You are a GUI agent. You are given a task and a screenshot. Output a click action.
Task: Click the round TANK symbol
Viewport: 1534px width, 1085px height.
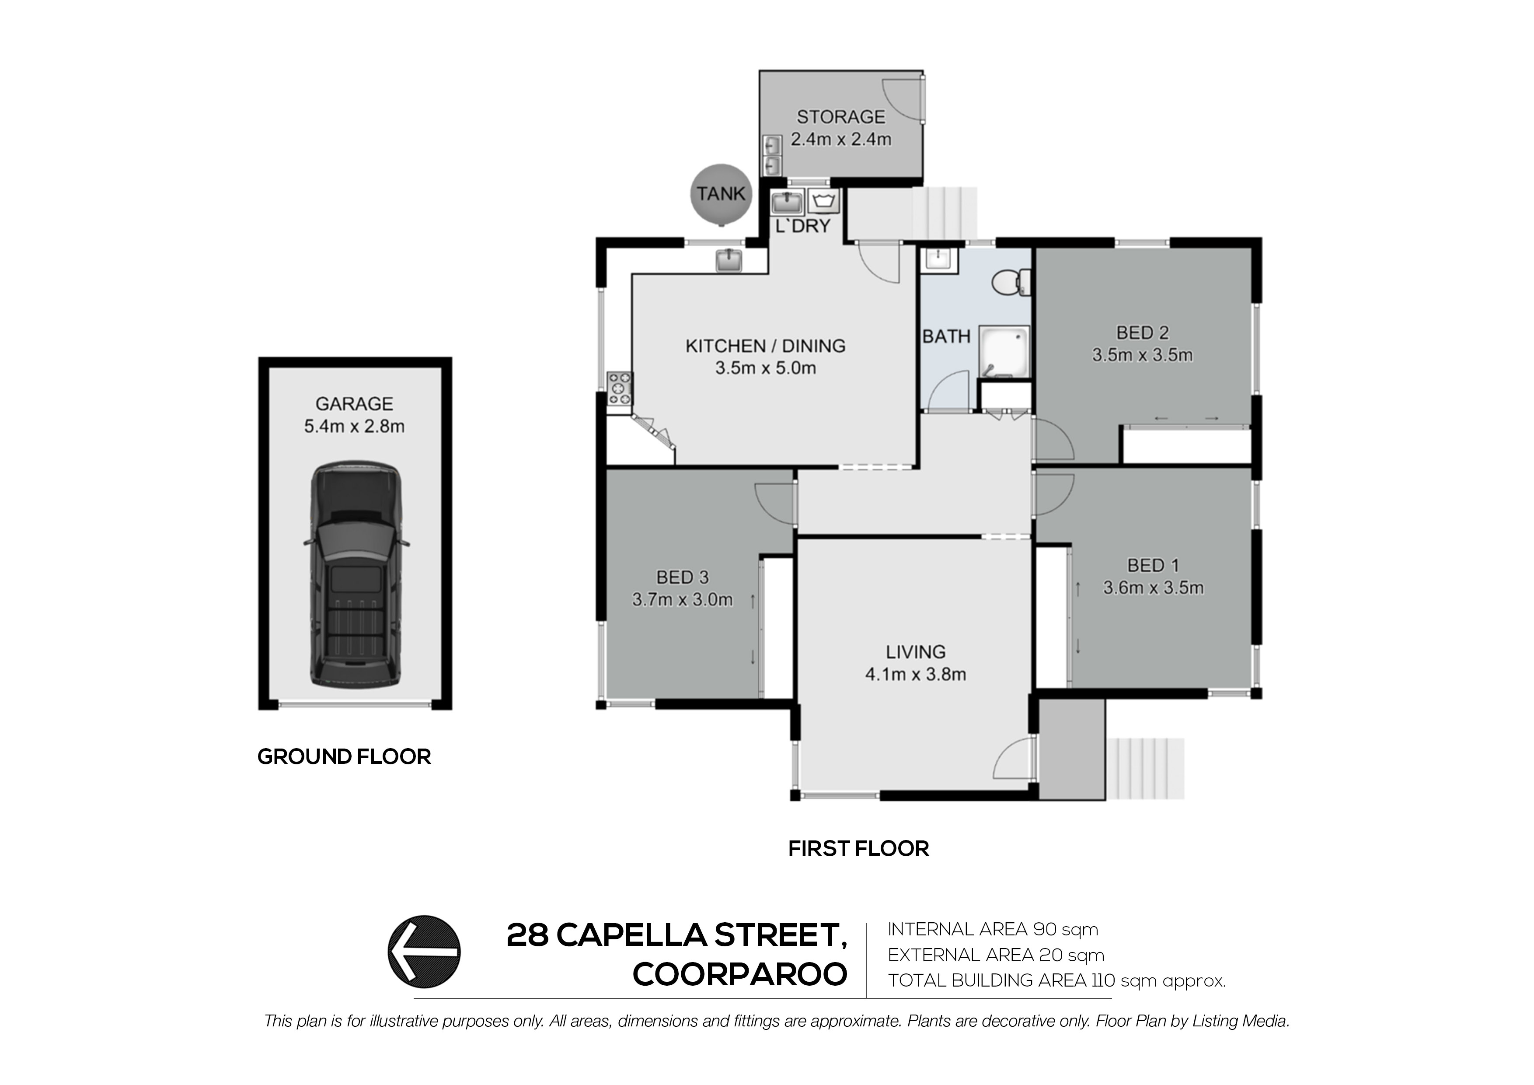(x=721, y=194)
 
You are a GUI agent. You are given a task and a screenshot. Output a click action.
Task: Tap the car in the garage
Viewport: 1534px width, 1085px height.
(x=356, y=574)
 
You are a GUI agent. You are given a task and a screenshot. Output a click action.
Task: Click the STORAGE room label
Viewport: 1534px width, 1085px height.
(x=840, y=117)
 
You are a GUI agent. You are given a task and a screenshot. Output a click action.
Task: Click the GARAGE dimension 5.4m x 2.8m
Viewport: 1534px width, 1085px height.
(x=354, y=426)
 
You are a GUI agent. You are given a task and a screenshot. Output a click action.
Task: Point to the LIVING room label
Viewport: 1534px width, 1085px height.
(x=915, y=652)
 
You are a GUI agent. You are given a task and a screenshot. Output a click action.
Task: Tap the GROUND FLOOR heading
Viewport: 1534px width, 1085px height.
(x=344, y=757)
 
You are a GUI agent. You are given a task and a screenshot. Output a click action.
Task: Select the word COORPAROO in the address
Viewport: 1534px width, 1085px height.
(x=739, y=975)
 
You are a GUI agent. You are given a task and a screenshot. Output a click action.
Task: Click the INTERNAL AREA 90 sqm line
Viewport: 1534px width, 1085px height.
(x=992, y=929)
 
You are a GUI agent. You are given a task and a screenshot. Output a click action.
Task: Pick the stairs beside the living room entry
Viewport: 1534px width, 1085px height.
(x=1145, y=768)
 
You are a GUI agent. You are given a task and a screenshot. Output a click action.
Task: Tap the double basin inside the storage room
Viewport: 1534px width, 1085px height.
(x=772, y=155)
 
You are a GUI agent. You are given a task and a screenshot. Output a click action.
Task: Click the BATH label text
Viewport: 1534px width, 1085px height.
(x=946, y=336)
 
